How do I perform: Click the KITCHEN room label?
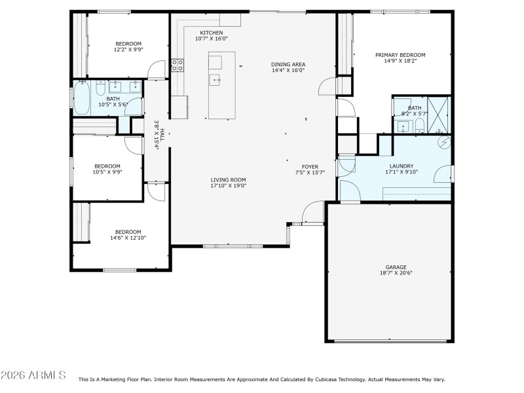click(x=211, y=33)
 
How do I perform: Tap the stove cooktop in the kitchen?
click(x=177, y=64)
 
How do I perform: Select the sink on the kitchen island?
click(x=215, y=80)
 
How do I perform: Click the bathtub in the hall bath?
click(x=82, y=98)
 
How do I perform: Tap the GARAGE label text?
click(x=396, y=267)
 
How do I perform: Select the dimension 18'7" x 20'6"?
click(x=396, y=273)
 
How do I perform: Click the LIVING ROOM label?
click(x=228, y=179)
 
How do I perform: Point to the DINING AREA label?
click(x=288, y=64)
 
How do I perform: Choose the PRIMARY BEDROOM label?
click(x=400, y=55)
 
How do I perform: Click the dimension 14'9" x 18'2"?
click(x=400, y=61)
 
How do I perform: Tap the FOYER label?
click(x=310, y=166)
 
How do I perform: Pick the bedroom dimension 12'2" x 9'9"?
click(x=128, y=50)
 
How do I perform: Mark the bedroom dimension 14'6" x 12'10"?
click(x=128, y=238)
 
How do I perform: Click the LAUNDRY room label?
click(x=400, y=166)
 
